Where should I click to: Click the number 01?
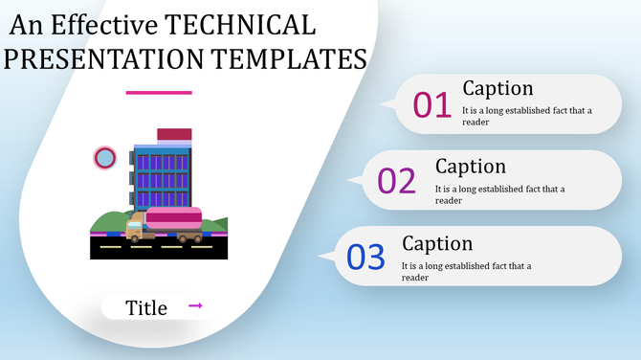pyautogui.click(x=431, y=104)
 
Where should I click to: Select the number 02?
pyautogui.click(x=397, y=180)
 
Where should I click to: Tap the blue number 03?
pyautogui.click(x=365, y=257)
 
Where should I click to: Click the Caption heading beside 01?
pyautogui.click(x=497, y=88)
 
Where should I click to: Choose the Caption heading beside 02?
pyautogui.click(x=470, y=166)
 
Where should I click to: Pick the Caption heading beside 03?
pyautogui.click(x=437, y=243)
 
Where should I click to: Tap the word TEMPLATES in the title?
pyautogui.click(x=287, y=59)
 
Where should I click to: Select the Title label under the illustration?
pyautogui.click(x=146, y=307)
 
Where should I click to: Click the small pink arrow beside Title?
pyautogui.click(x=195, y=305)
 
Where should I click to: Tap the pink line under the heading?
pyautogui.click(x=159, y=93)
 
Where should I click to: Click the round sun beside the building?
pyautogui.click(x=104, y=158)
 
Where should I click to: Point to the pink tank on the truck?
pyautogui.click(x=174, y=217)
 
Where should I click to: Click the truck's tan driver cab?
pyautogui.click(x=135, y=228)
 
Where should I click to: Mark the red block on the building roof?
pyautogui.click(x=174, y=135)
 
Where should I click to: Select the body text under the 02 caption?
pyautogui.click(x=499, y=194)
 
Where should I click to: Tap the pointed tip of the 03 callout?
pyautogui.click(x=321, y=256)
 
